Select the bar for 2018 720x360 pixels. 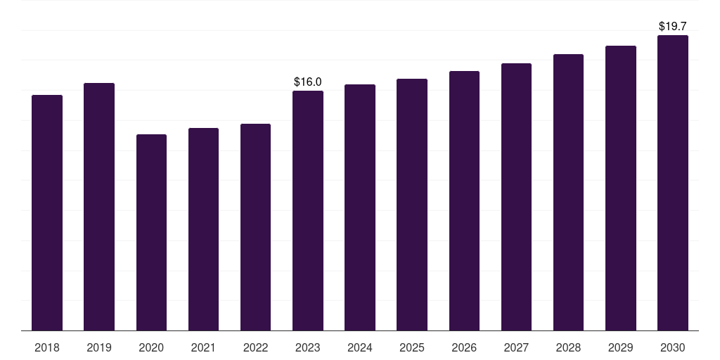tap(47, 212)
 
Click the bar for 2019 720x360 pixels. tap(99, 207)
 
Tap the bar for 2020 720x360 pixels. tap(152, 232)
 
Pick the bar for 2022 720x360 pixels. tap(255, 227)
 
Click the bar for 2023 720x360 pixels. tap(308, 211)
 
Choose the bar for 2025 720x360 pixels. tap(412, 205)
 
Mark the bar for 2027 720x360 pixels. tap(516, 197)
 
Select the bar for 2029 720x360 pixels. tap(621, 188)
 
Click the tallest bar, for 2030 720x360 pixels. tap(673, 183)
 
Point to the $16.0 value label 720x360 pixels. tap(308, 82)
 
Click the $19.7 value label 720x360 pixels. tap(673, 27)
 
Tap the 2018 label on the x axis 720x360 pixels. tap(47, 347)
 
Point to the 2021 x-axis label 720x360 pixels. tap(203, 347)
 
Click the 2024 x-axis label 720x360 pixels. tap(360, 347)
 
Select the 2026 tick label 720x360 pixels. tap(464, 347)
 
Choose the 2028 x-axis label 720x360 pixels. tap(568, 347)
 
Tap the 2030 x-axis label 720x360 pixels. tap(673, 347)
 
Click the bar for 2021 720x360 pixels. tap(203, 229)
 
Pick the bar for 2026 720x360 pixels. tap(464, 200)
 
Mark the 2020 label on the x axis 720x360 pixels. tap(152, 347)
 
